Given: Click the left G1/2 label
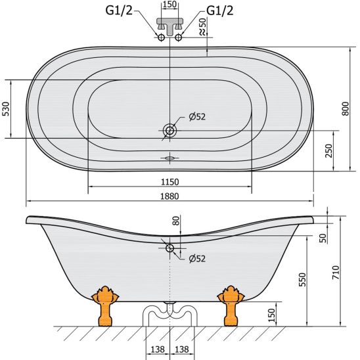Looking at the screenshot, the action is [119, 11].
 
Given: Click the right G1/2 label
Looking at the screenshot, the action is [220, 11].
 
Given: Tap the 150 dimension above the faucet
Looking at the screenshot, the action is [169, 4].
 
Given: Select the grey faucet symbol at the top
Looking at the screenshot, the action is [170, 26].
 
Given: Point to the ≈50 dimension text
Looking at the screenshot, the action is [202, 26].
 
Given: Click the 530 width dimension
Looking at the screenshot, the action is [6, 109].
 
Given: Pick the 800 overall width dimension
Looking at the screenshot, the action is [345, 109].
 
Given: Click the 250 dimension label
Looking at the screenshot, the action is [328, 151].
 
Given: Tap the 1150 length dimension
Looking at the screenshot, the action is [169, 182].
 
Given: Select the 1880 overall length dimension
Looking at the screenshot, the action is [169, 196].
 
